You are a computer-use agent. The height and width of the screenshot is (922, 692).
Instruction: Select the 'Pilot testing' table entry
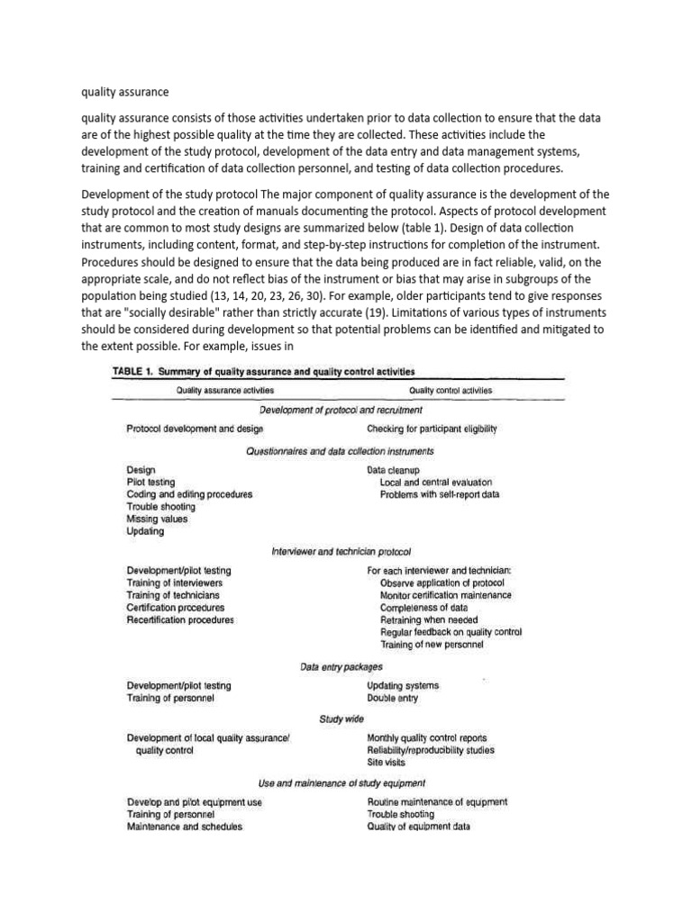(x=150, y=483)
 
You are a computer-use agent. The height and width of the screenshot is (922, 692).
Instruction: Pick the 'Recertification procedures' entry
(x=180, y=619)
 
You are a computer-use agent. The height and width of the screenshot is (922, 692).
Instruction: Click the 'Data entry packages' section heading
(x=341, y=667)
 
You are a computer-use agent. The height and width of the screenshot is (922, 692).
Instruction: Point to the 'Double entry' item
(x=392, y=698)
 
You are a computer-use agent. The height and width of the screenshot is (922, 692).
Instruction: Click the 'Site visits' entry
(x=386, y=761)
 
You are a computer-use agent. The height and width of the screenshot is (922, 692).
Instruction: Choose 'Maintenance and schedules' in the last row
(x=184, y=826)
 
